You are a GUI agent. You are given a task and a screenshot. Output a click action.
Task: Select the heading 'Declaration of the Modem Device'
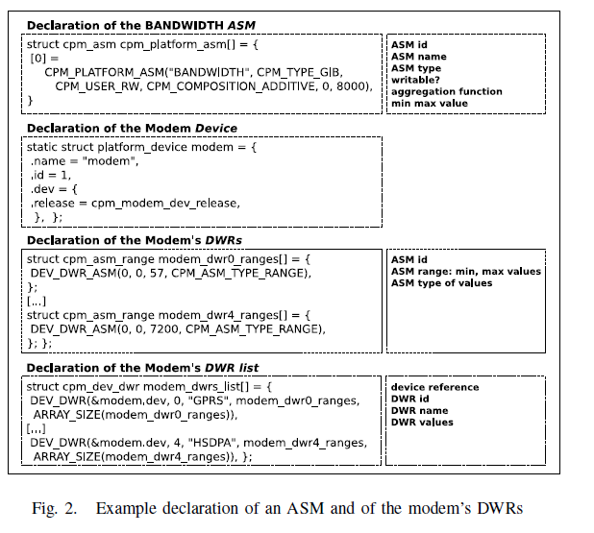(x=132, y=128)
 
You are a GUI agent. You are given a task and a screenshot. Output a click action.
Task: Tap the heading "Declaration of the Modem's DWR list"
(x=142, y=368)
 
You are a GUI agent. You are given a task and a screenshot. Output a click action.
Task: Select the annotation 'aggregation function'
(x=446, y=91)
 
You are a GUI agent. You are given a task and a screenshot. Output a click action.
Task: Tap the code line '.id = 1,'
(x=50, y=176)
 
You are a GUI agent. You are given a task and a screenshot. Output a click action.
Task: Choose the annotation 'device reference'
(x=434, y=387)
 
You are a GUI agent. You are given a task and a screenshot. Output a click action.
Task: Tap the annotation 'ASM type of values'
(x=440, y=283)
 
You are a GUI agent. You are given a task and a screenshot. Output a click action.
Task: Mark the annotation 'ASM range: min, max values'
(x=465, y=271)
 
